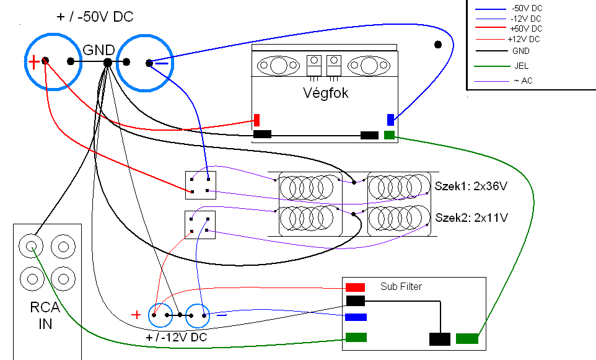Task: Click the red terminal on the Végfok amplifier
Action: [256, 120]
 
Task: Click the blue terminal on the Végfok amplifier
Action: [390, 120]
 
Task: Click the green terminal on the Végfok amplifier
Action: [389, 135]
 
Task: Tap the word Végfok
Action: [325, 94]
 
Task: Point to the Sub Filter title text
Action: [401, 287]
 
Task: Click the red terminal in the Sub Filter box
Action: [355, 287]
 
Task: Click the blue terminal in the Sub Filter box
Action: [356, 317]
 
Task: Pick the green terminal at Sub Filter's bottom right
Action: [467, 339]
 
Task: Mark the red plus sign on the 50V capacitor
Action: [34, 61]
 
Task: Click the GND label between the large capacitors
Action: [99, 50]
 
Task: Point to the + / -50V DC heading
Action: [95, 17]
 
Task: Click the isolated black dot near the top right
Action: [438, 45]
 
